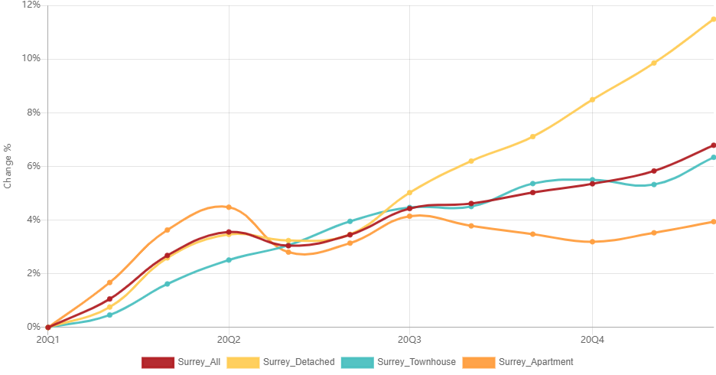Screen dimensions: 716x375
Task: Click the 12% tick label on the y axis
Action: tap(31, 5)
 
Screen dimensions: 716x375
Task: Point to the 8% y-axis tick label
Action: tap(34, 112)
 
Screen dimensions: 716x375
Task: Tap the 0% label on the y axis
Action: tap(34, 327)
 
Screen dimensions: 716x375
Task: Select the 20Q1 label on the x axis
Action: tap(48, 340)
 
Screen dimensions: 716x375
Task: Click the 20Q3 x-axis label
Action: tap(409, 340)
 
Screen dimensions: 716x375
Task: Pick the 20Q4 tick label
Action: tap(592, 340)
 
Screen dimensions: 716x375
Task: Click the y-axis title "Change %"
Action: tap(8, 166)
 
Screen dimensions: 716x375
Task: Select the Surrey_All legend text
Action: tap(199, 362)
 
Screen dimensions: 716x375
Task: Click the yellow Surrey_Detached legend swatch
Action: tap(243, 363)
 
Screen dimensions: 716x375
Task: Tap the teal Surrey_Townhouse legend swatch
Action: tap(357, 363)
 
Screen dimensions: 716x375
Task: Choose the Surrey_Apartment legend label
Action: tap(536, 362)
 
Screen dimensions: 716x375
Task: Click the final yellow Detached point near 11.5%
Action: tap(713, 20)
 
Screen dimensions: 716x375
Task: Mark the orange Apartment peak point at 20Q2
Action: tap(229, 207)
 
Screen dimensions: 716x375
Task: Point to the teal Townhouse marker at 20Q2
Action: tap(229, 260)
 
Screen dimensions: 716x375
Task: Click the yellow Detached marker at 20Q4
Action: tap(592, 99)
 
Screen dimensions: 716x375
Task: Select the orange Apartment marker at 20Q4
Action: tap(592, 242)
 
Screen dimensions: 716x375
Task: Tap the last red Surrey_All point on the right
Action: tap(713, 145)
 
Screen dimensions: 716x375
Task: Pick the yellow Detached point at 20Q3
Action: tap(409, 193)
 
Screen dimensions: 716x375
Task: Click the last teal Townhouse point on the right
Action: tap(713, 158)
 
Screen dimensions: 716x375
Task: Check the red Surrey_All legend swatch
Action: tap(158, 363)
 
